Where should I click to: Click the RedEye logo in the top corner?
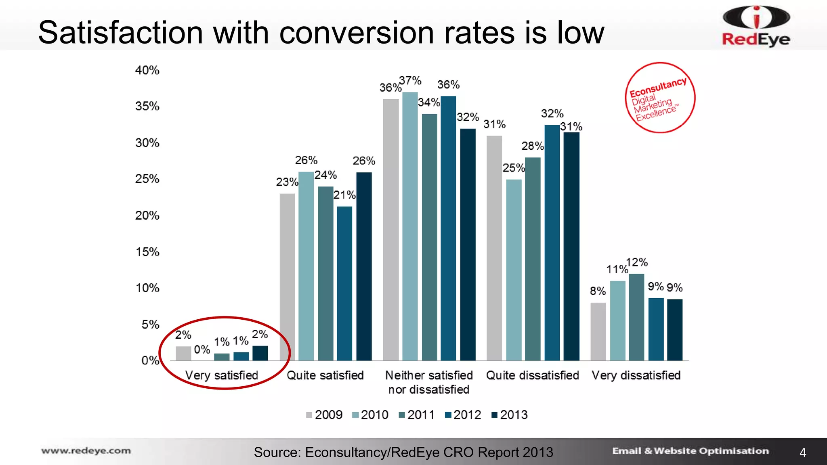[756, 26]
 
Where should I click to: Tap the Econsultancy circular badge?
[660, 98]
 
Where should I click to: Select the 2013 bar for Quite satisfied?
[364, 266]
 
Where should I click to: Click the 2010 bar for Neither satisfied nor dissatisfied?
[410, 226]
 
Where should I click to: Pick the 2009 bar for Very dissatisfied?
[598, 331]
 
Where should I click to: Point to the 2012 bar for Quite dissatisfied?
[552, 242]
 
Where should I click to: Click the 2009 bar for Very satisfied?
[183, 353]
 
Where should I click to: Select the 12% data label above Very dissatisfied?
[637, 262]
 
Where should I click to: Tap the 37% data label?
[410, 81]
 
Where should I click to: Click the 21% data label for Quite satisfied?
[344, 195]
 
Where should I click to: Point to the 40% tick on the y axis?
[147, 70]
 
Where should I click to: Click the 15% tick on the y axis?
[147, 252]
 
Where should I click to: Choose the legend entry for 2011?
[416, 415]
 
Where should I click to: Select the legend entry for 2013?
[509, 415]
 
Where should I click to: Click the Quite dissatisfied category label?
[532, 375]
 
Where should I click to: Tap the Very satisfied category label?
[221, 375]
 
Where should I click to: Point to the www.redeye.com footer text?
[86, 451]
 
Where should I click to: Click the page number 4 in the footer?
[803, 452]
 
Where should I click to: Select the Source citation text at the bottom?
[403, 452]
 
